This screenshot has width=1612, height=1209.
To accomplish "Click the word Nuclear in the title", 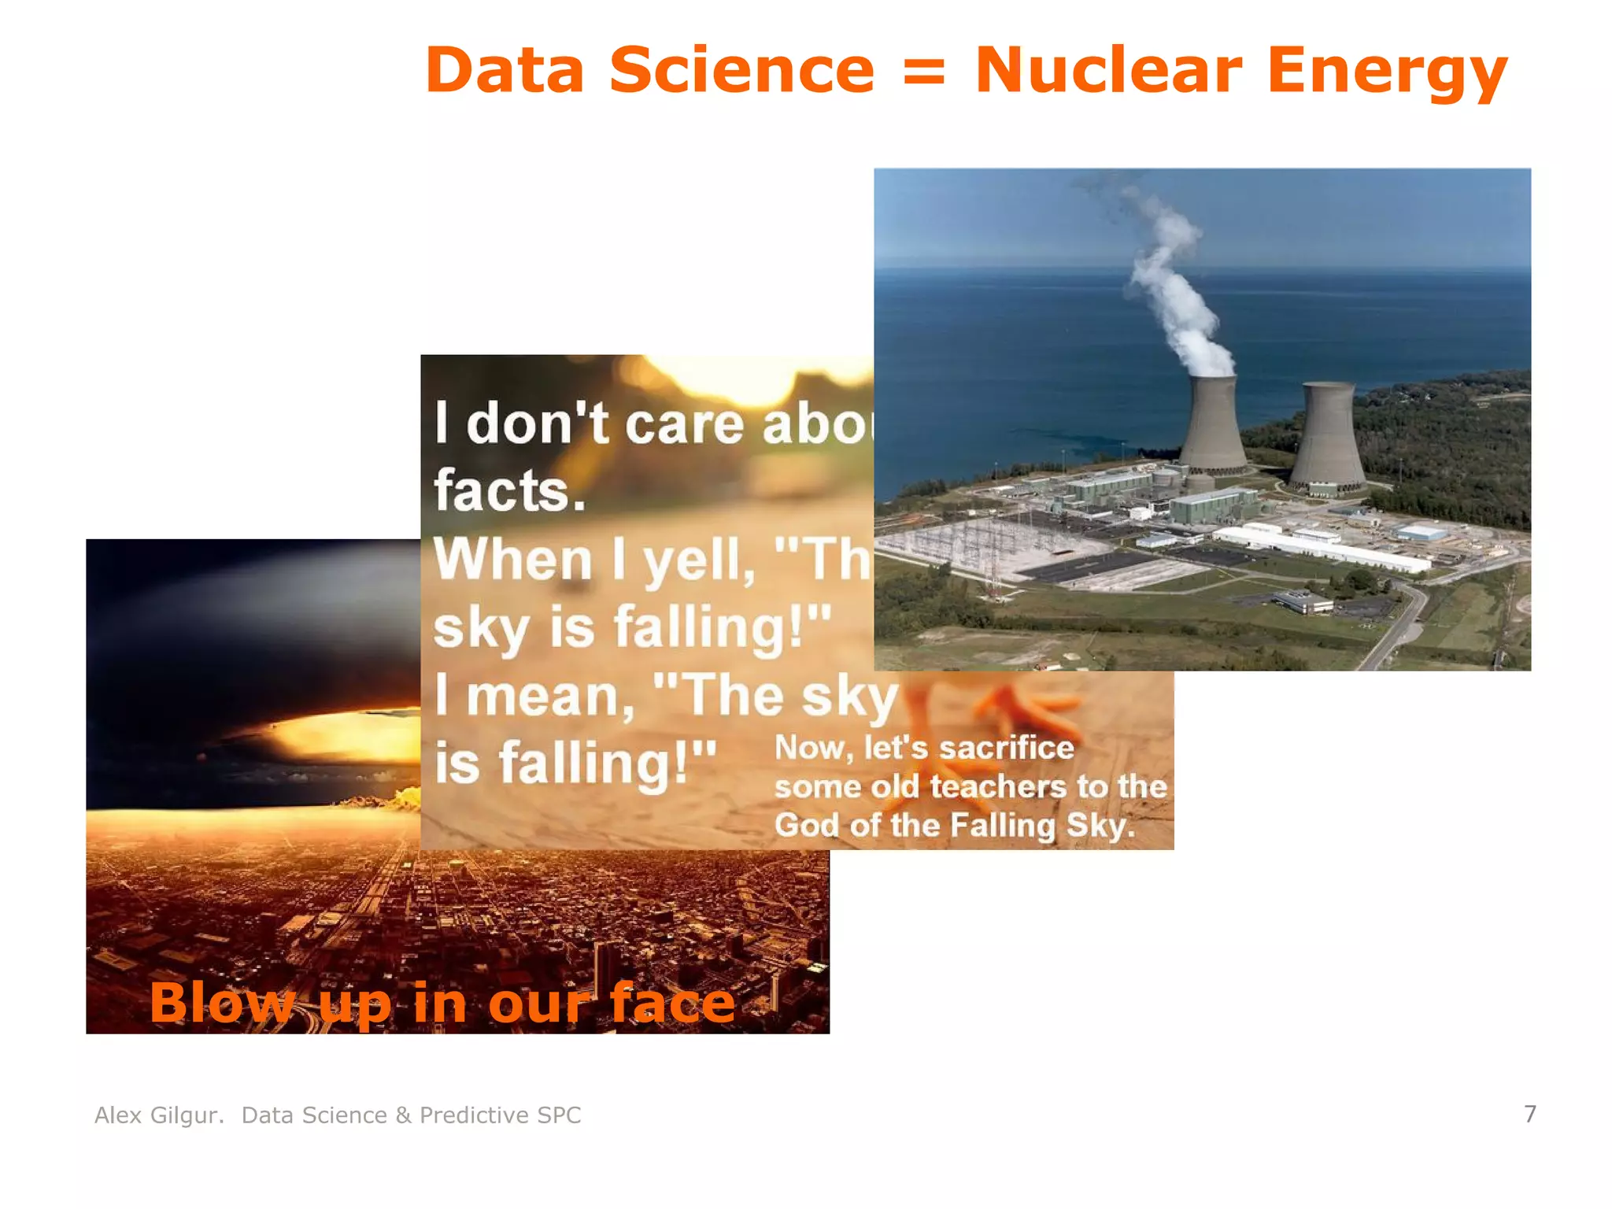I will [x=1108, y=71].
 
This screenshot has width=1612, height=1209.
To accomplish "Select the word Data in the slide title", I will [x=505, y=71].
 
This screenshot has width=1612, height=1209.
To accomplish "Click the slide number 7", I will [x=1529, y=1114].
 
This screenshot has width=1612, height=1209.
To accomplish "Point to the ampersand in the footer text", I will [x=403, y=1115].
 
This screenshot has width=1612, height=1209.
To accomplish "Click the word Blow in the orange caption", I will [x=220, y=1003].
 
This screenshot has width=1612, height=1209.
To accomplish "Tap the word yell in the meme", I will [x=693, y=560].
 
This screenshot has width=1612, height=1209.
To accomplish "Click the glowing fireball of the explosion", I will [x=346, y=737].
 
